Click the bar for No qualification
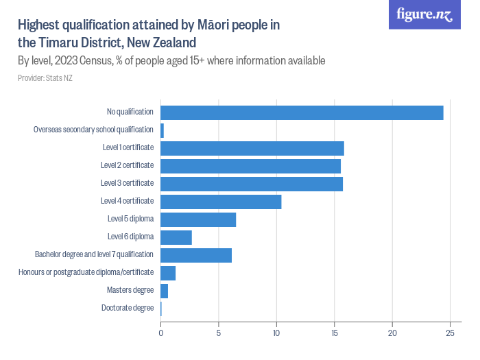coord(302,112)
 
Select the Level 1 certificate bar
coord(252,148)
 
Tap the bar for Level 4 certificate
coord(221,202)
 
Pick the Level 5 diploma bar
coord(198,219)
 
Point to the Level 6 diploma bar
coord(176,237)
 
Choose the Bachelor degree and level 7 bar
coord(196,255)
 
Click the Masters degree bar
coord(165,291)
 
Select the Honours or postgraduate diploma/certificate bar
coord(168,273)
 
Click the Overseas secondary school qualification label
coord(93,130)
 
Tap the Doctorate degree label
coord(128,308)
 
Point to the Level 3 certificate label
coord(127,183)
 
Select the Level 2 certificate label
coord(127,165)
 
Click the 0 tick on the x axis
coord(161,333)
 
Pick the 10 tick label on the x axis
coord(276,333)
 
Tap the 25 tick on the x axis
coord(450,333)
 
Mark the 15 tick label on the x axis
coord(334,333)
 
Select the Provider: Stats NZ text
coord(45,77)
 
